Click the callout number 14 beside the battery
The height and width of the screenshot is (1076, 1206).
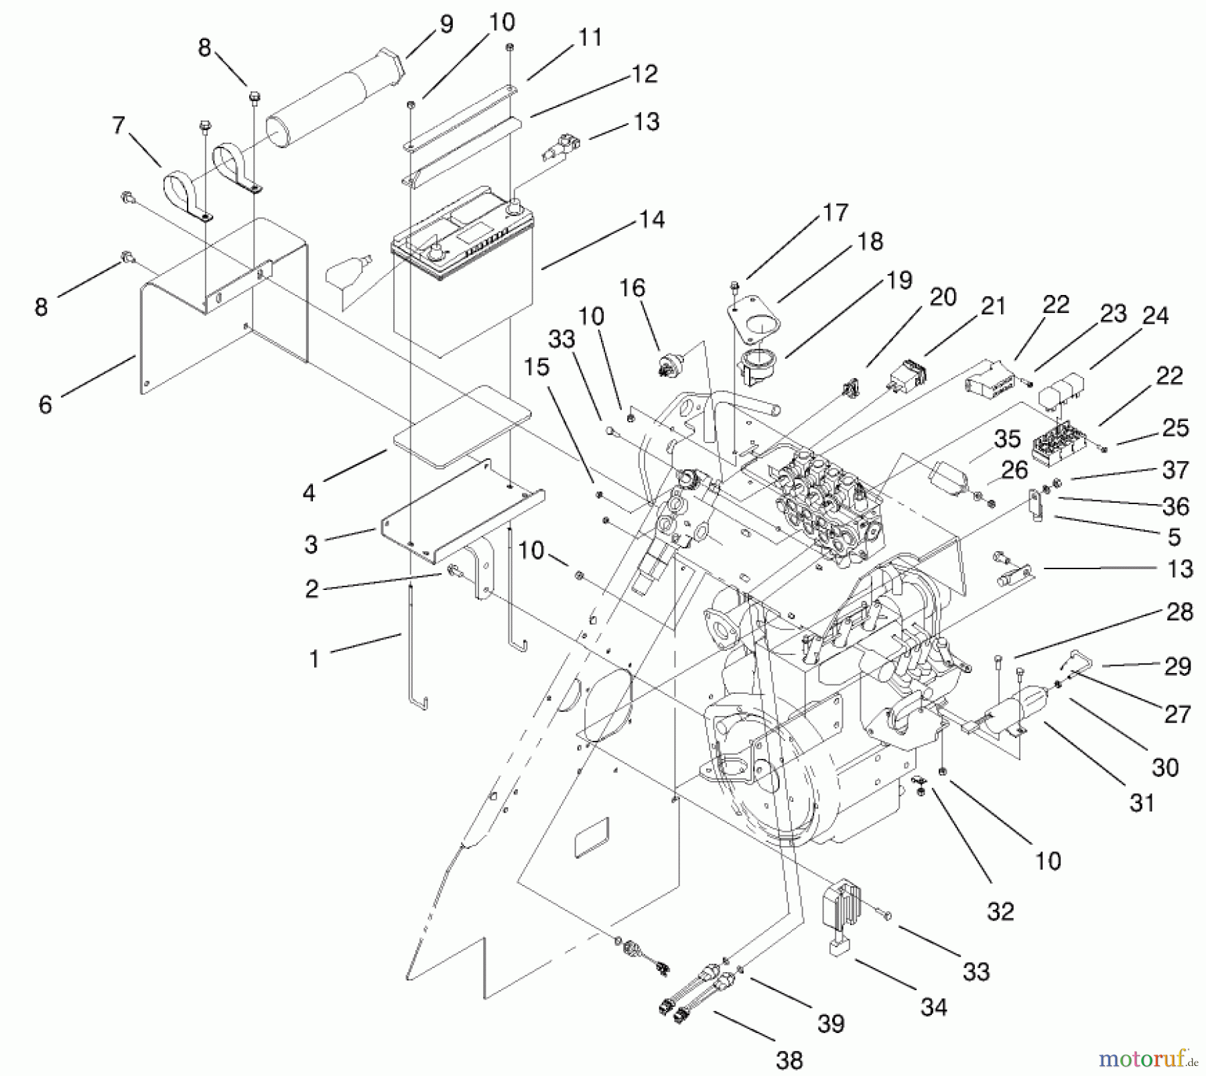click(x=651, y=220)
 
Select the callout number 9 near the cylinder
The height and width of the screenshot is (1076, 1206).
click(x=446, y=25)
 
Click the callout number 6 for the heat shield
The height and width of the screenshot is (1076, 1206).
click(x=45, y=404)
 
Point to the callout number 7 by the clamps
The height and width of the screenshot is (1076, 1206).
click(x=119, y=125)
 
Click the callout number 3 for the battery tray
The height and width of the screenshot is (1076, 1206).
click(x=310, y=544)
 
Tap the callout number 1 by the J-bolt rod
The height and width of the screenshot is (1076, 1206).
click(x=314, y=659)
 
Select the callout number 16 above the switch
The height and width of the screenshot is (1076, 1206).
click(x=632, y=288)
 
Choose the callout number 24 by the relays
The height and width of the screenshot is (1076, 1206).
click(x=1155, y=316)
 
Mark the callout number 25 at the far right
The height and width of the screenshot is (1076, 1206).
click(x=1175, y=428)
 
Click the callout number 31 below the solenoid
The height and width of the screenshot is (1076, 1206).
click(x=1142, y=802)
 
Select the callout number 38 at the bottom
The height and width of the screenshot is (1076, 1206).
click(x=789, y=1060)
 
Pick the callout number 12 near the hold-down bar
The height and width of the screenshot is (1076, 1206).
click(x=644, y=74)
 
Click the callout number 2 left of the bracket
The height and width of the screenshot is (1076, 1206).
click(x=312, y=589)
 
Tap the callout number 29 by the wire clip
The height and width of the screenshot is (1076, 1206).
click(x=1178, y=666)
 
